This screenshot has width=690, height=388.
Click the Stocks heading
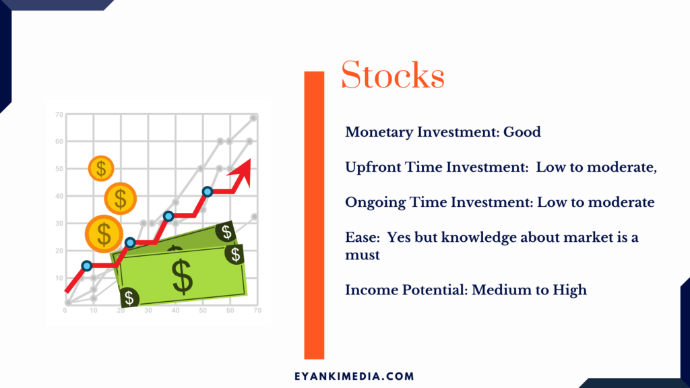pyautogui.click(x=393, y=75)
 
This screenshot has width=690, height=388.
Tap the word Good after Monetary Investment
pyautogui.click(x=522, y=132)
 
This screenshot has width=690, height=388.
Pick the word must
pyautogui.click(x=362, y=255)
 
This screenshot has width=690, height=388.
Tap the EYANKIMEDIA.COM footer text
pyautogui.click(x=354, y=377)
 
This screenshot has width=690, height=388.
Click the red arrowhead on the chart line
pyautogui.click(x=241, y=172)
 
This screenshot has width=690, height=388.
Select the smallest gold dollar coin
pyautogui.click(x=101, y=168)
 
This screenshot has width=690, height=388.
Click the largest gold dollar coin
pyautogui.click(x=104, y=234)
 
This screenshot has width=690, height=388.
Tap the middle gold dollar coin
pyautogui.click(x=120, y=199)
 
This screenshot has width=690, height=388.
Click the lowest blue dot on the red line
pyautogui.click(x=87, y=265)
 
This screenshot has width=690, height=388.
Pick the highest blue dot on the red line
pyautogui.click(x=208, y=192)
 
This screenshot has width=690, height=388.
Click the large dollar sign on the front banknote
pyautogui.click(x=182, y=277)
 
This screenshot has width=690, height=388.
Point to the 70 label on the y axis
pyautogui.click(x=59, y=115)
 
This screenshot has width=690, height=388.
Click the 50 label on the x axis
pyautogui.click(x=203, y=311)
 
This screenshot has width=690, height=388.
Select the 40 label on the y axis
pyautogui.click(x=59, y=196)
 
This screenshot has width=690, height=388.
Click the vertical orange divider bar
pyautogui.click(x=314, y=215)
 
